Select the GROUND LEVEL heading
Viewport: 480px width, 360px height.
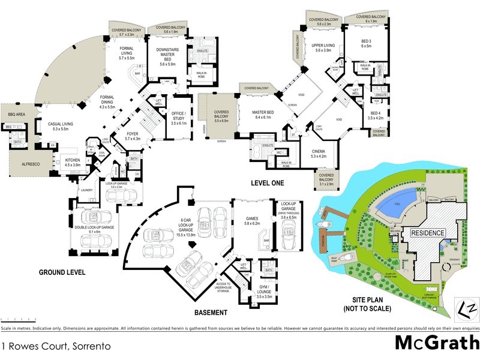[x=62, y=272]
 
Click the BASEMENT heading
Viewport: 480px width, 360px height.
[x=211, y=313]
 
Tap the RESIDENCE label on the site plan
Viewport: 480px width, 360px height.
[x=427, y=233]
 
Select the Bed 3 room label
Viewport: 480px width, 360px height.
[x=367, y=42]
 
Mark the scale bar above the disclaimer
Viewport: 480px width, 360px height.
[x=18, y=319]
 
